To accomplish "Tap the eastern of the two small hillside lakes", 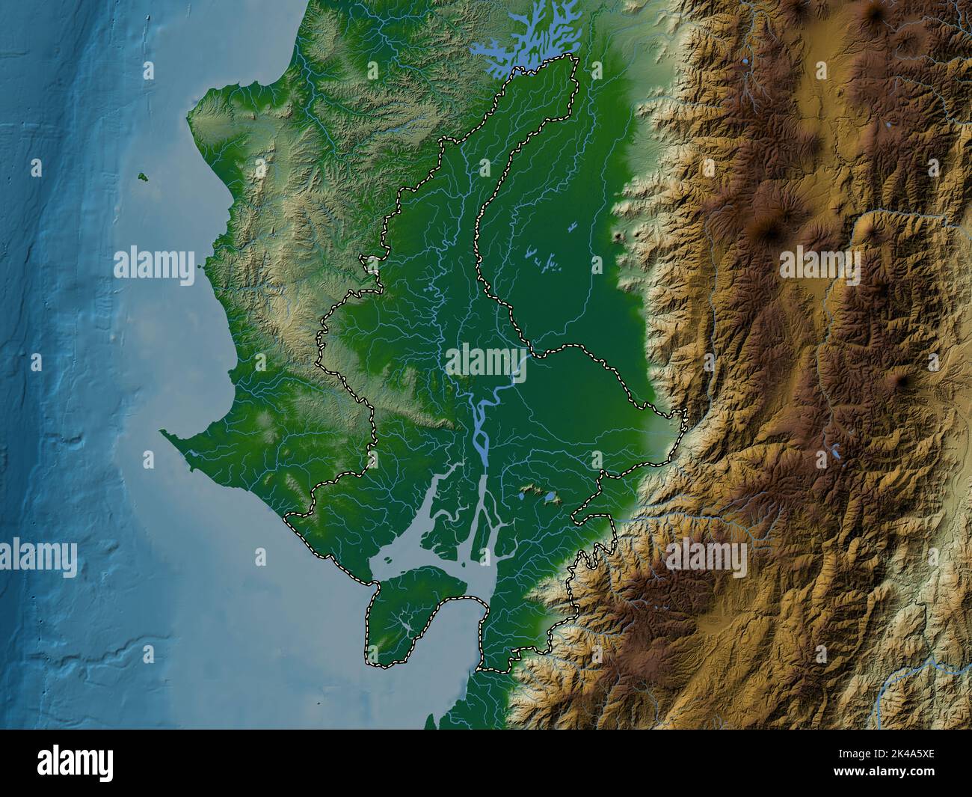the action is click(x=550, y=498).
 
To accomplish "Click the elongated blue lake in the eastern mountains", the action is click(x=834, y=452).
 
